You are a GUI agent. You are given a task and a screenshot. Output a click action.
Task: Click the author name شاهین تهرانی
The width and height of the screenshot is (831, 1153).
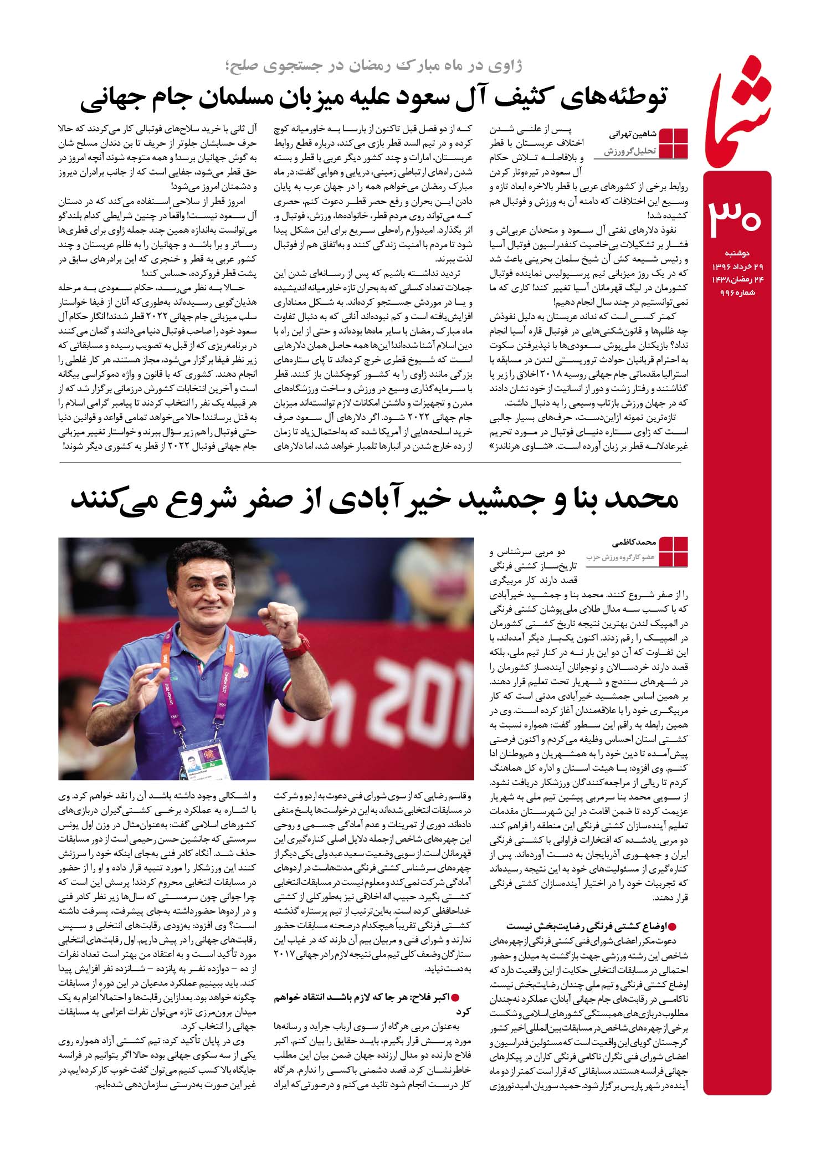point(633,135)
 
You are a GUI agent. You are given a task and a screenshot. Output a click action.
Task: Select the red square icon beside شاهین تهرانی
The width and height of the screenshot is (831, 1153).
point(674,143)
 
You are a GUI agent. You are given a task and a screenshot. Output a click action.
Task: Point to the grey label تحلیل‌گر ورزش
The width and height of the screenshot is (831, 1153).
point(630,151)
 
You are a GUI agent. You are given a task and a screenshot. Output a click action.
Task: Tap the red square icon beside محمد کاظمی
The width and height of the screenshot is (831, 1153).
point(674,551)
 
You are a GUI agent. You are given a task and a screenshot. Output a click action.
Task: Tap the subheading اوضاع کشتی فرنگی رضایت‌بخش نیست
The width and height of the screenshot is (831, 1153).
point(591,925)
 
